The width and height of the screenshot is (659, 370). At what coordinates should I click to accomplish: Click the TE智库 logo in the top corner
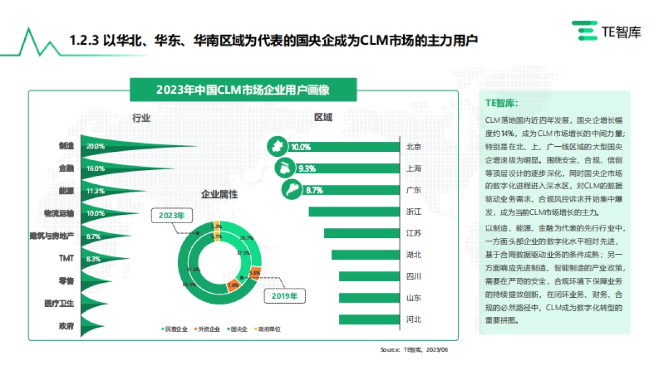click(x=606, y=31)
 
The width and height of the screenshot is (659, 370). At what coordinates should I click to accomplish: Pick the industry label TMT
click(x=66, y=258)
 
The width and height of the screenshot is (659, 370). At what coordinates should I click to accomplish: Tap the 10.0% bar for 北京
click(x=351, y=147)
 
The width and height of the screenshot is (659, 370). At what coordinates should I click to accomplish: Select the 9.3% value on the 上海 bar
click(x=306, y=169)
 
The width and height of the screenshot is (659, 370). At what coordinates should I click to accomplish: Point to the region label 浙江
click(x=414, y=212)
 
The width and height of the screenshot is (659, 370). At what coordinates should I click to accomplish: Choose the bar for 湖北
click(x=365, y=255)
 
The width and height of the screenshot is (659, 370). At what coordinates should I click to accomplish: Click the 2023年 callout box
click(x=172, y=216)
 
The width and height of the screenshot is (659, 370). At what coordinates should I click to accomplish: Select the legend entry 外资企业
click(x=208, y=329)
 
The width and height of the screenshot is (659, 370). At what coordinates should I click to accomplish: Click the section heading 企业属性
click(x=220, y=195)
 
